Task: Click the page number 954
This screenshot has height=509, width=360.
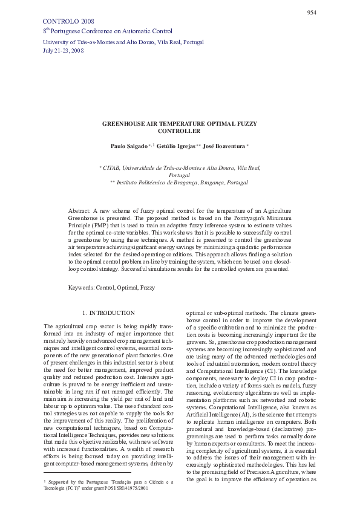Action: point(312,12)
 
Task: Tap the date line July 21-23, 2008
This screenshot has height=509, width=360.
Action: point(64,51)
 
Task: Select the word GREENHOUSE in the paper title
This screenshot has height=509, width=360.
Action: point(123,123)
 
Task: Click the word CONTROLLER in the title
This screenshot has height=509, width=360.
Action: point(178,131)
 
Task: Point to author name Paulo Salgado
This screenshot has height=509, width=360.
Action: point(129,146)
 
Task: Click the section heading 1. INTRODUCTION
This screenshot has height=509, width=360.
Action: point(108,313)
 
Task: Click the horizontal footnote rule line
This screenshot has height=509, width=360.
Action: point(88,472)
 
